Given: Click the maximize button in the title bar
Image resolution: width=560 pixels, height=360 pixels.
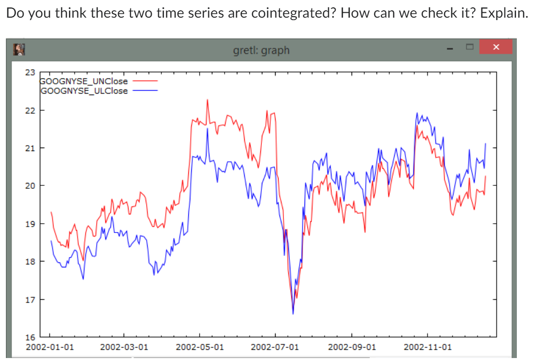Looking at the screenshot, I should click(x=469, y=47).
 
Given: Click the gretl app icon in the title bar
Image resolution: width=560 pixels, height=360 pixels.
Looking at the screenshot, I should click(x=20, y=50).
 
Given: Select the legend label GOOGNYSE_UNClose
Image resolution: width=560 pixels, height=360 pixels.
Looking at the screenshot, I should click(x=84, y=81).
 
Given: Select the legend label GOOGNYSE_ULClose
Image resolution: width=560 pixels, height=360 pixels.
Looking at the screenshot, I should click(x=84, y=90).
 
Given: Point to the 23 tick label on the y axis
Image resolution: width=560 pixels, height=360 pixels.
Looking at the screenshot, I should click(x=30, y=73).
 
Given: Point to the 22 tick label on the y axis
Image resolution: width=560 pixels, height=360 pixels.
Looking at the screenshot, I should click(x=30, y=110).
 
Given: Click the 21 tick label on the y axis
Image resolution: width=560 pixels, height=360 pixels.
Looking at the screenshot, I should click(x=30, y=148).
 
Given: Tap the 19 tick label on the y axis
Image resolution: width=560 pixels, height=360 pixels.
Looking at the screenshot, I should click(x=30, y=224).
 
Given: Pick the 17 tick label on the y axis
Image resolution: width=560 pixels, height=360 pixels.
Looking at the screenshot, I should click(x=30, y=299).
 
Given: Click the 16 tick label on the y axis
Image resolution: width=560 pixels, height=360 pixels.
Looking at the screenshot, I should click(x=30, y=337).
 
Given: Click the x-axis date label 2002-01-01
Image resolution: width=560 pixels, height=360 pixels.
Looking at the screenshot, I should click(x=50, y=347).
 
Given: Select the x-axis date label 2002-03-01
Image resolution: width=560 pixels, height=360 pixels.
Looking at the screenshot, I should click(x=124, y=347).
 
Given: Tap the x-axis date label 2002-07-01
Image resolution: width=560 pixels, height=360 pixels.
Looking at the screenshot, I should click(x=275, y=347).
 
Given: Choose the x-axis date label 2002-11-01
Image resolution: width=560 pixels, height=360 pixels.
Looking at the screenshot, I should click(x=427, y=347).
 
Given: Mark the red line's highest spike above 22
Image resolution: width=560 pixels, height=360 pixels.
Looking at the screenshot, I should click(x=207, y=100).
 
